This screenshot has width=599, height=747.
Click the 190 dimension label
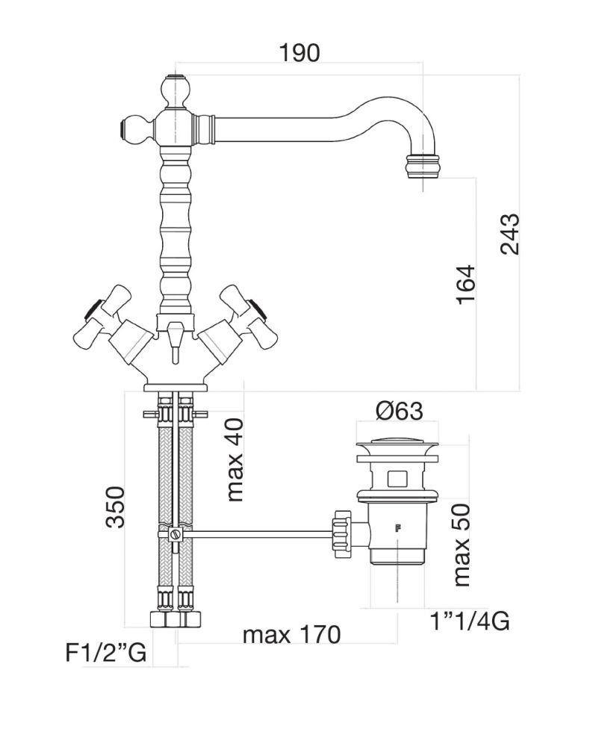click(x=299, y=52)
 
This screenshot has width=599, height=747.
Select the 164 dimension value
click(x=464, y=284)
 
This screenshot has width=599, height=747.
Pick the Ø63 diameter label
click(x=400, y=410)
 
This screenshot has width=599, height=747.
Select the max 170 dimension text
click(x=291, y=636)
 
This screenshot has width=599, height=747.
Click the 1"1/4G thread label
click(x=471, y=620)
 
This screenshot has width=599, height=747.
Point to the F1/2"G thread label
click(x=105, y=654)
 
